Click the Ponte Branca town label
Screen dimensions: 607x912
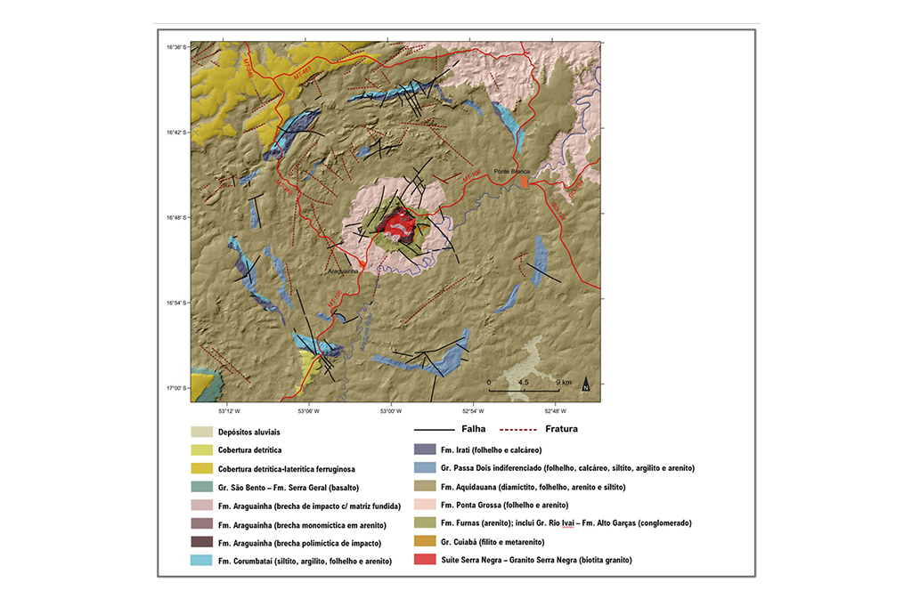click(512, 171)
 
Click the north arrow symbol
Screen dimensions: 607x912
click(586, 385)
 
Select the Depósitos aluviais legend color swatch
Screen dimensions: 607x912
click(202, 432)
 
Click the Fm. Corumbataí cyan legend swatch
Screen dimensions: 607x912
click(202, 561)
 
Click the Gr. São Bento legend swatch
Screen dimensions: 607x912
click(202, 487)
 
